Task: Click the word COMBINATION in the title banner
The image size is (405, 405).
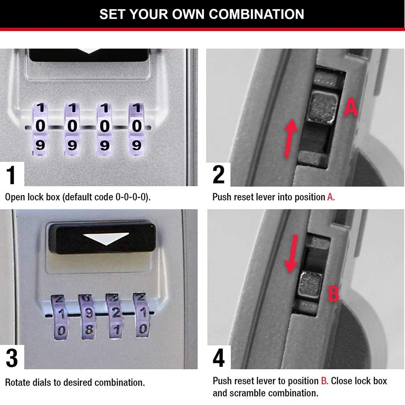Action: tap(257, 14)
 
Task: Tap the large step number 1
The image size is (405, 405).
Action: tap(12, 175)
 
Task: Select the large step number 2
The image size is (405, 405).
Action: tap(219, 175)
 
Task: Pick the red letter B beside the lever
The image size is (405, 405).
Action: tap(333, 293)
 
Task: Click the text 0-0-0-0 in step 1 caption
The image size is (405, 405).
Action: tap(132, 197)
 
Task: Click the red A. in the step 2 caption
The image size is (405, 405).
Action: tap(331, 197)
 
